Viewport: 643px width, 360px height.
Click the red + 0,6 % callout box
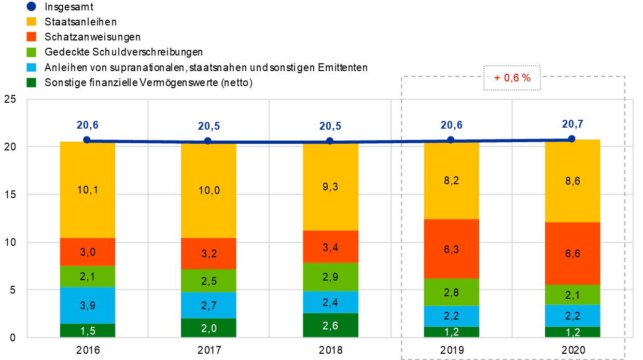[x=512, y=78]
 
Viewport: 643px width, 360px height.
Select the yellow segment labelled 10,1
[x=87, y=190]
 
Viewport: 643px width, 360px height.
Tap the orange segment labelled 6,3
[x=451, y=249]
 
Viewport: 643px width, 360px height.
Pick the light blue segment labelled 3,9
[x=87, y=305]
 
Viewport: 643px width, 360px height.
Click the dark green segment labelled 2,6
[x=330, y=325]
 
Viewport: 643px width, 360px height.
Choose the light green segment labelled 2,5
[x=208, y=281]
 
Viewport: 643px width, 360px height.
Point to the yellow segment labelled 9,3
[x=330, y=187]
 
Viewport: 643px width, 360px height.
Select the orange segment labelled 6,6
[x=572, y=254]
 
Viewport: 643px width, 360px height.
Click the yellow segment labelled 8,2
[x=451, y=181]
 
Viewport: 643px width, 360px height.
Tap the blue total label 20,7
[x=571, y=124]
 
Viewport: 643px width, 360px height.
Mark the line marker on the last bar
[x=571, y=139]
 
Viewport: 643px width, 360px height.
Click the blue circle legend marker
[x=31, y=7]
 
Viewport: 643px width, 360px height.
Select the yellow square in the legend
[x=31, y=22]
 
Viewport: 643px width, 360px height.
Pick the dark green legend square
[x=31, y=82]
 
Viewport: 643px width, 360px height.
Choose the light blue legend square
[x=31, y=67]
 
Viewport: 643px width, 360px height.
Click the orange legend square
[x=31, y=37]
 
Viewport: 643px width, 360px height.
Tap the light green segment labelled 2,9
[x=330, y=277]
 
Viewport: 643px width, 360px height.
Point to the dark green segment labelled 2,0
[x=208, y=328]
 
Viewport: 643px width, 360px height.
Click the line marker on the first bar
[x=87, y=140]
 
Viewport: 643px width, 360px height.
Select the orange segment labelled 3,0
[x=87, y=252]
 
